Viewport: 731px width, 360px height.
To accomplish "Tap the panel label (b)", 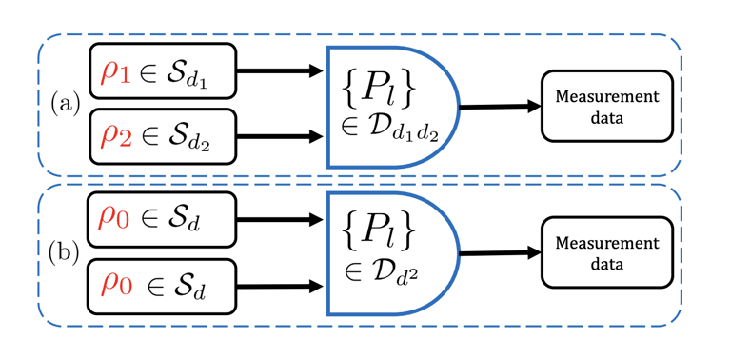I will [x=67, y=254].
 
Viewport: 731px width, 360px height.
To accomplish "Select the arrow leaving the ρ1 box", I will [x=280, y=70].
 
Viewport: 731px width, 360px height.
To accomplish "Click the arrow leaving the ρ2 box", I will [x=280, y=136].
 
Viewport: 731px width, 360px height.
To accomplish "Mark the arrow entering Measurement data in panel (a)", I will [x=499, y=107].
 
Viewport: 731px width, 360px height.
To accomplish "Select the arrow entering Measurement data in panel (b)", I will [x=499, y=253].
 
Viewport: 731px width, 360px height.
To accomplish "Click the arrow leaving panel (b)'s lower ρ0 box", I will [x=280, y=284].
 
